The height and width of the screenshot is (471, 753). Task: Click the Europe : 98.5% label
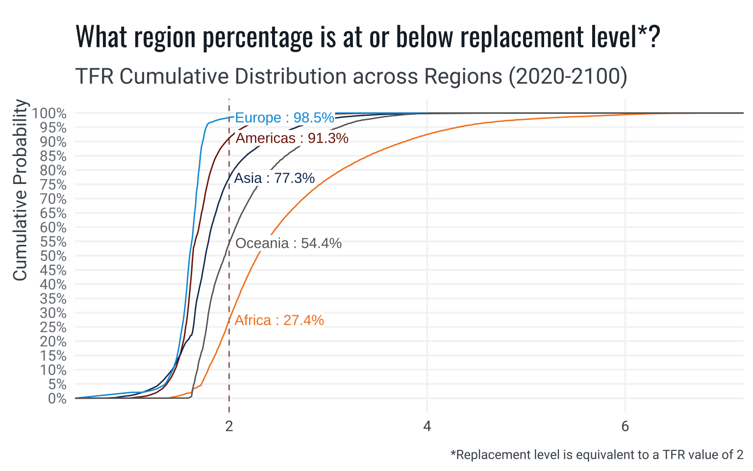[x=284, y=118]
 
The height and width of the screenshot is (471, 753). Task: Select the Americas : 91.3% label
[x=292, y=138]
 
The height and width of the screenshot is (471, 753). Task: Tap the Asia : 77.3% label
[x=274, y=178]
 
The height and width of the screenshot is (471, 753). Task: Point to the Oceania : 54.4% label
[x=288, y=243]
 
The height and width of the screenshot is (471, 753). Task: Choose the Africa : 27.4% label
[x=279, y=320]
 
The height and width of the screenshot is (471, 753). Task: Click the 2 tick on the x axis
[x=229, y=426]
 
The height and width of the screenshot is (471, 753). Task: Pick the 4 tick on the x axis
[x=427, y=426]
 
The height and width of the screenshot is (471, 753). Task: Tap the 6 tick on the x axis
[x=625, y=426]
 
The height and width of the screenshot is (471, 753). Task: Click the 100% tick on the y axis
[x=49, y=114]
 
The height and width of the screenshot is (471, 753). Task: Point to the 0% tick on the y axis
[x=57, y=398]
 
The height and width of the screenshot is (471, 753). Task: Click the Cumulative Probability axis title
[x=20, y=190]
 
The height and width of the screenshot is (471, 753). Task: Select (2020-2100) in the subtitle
[x=568, y=77]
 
